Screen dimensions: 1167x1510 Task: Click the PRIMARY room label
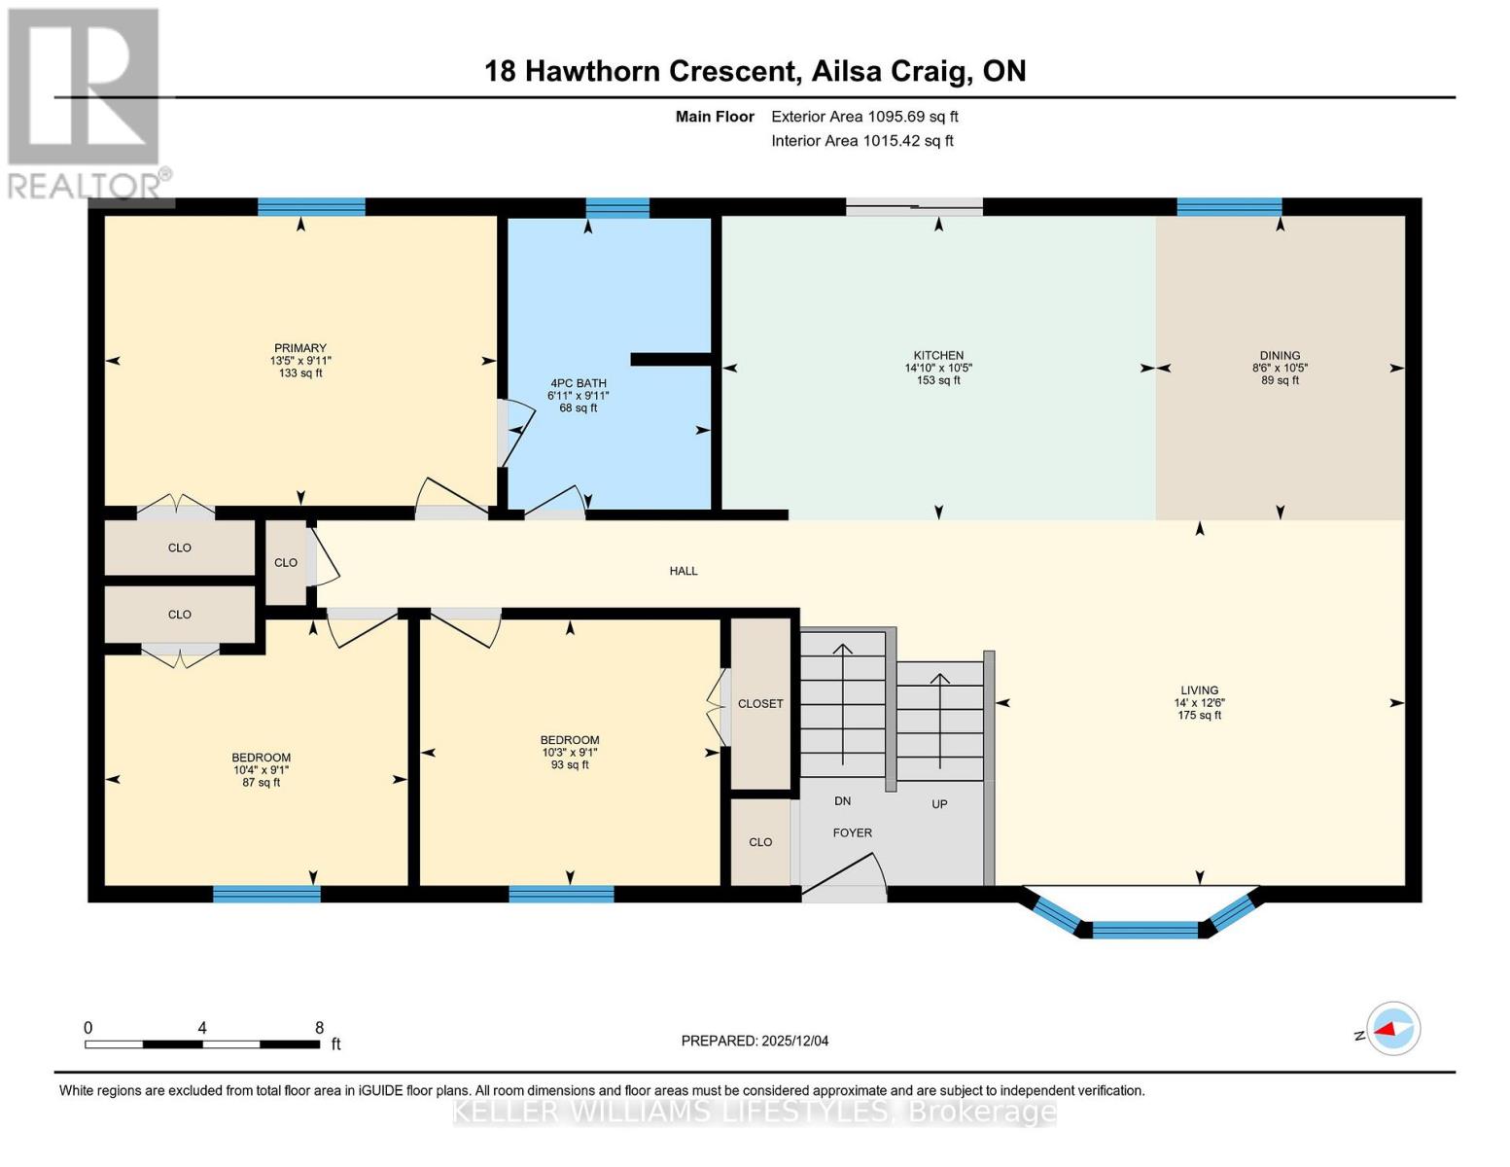[300, 348]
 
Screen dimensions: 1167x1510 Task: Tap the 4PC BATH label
[579, 383]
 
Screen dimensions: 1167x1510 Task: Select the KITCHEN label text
[938, 356]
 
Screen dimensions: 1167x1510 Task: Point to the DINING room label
[1280, 356]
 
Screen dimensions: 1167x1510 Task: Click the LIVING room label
[1199, 690]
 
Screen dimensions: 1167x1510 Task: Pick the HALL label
[684, 571]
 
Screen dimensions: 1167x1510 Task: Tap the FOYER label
[852, 832]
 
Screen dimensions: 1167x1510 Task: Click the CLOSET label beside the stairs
[760, 703]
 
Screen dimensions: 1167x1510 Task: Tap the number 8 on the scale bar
[319, 1028]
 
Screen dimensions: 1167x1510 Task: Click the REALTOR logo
[86, 102]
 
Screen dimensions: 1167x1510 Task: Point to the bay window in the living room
[1145, 924]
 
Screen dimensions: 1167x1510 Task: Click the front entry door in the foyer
[842, 875]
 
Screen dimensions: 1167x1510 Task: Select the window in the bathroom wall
[617, 207]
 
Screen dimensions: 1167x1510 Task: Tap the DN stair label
[842, 801]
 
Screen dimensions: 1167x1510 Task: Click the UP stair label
[939, 804]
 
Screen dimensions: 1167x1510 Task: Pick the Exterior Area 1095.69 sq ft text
[864, 117]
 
